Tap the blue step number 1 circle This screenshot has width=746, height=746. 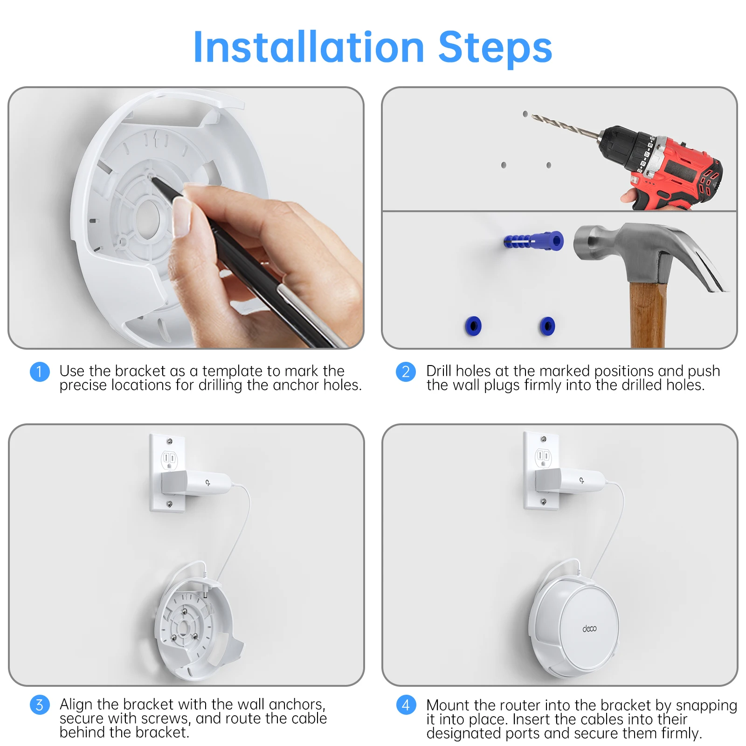tap(40, 372)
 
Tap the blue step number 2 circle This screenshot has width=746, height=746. tap(406, 372)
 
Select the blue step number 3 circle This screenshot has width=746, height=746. tap(40, 705)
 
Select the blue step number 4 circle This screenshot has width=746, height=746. tap(406, 705)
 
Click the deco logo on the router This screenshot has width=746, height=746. tap(589, 629)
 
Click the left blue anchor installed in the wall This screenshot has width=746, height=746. tap(473, 325)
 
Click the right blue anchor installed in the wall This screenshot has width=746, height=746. tap(547, 325)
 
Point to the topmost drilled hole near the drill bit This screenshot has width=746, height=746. tap(525, 114)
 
